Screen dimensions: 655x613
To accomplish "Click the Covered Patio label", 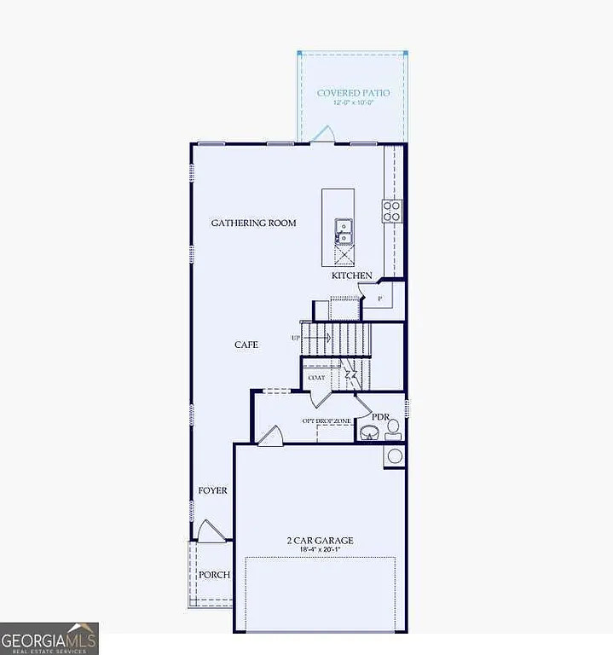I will tap(353, 92).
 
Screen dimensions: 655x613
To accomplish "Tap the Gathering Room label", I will tap(254, 223).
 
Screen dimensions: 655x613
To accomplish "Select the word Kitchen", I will tap(352, 275).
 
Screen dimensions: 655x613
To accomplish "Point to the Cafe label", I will tap(246, 345).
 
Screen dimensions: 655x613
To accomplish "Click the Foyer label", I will tap(212, 490).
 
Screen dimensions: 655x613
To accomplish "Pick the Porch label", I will tap(214, 574).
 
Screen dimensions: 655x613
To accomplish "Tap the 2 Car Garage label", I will tap(320, 541).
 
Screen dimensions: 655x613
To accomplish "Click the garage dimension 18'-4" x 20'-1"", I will tap(320, 550).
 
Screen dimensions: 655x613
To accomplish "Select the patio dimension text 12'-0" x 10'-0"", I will tap(353, 102).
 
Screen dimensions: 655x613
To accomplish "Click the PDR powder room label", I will tap(380, 416).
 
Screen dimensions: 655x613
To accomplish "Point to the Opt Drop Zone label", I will tap(327, 420).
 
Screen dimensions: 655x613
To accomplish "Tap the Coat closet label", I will tap(315, 377).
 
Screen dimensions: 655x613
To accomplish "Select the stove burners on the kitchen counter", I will tap(392, 211).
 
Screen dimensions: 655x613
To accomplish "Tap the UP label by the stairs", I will tap(296, 338).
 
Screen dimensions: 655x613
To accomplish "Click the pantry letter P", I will tap(379, 299).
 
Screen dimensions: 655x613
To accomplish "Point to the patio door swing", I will tap(324, 135).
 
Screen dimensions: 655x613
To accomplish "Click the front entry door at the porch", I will tap(211, 532).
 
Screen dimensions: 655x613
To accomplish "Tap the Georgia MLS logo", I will tap(49, 637).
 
